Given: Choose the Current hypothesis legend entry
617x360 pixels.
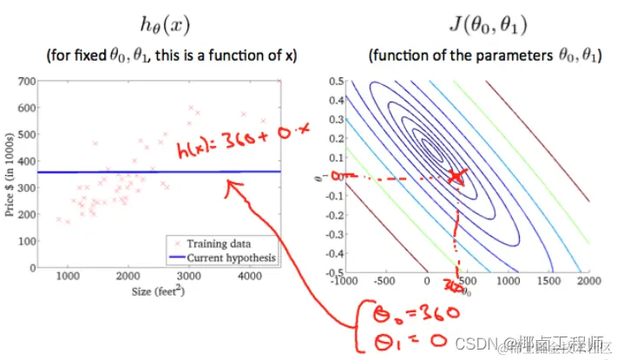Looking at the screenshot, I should pyautogui.click(x=227, y=258).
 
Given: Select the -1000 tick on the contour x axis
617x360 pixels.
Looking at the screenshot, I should pyautogui.click(x=345, y=282).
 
